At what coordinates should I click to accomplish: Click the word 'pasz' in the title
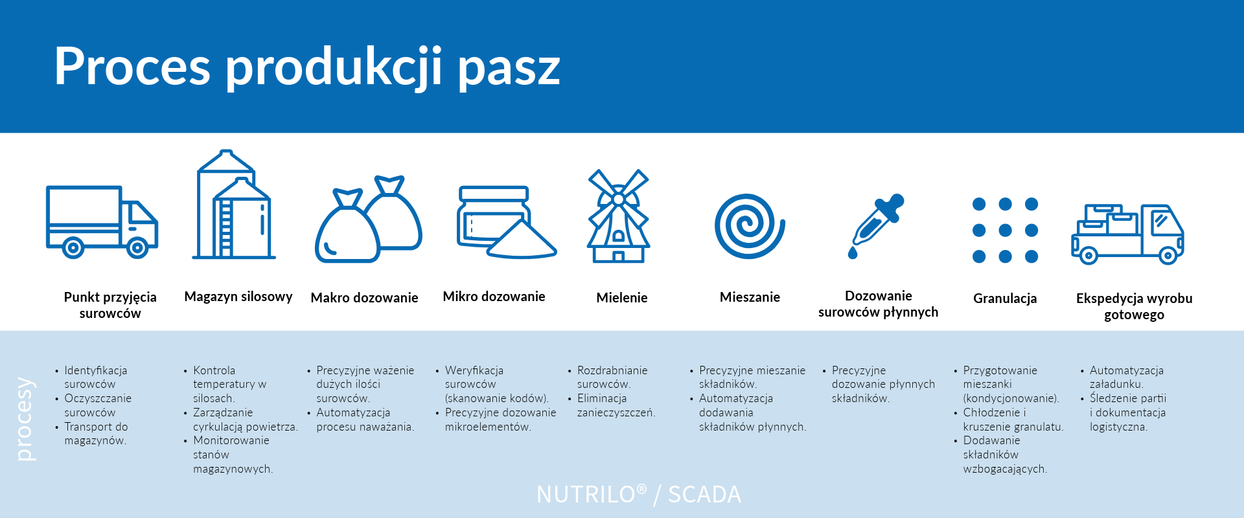point(509,67)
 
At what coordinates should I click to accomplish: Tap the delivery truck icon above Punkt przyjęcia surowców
point(102,221)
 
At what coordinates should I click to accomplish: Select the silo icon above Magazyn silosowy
point(234,205)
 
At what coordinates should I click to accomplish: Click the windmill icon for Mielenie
point(618,216)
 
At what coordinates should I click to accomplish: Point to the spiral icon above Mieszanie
point(750,226)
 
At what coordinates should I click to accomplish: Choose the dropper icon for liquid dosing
point(875,226)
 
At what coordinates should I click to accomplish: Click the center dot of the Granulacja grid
point(1005,230)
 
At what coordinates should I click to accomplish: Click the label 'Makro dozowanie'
point(364,298)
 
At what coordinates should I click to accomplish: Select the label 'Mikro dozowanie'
point(494,297)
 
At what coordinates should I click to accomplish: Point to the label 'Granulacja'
point(1005,298)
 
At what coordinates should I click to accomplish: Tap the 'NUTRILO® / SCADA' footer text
point(639,495)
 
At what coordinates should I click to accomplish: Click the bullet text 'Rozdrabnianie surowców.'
point(612,377)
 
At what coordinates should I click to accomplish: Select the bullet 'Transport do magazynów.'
point(96,434)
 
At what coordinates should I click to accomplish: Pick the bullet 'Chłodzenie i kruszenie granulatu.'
point(1013,420)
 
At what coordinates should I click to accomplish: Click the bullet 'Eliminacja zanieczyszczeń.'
point(616,406)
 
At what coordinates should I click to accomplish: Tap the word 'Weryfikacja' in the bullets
point(474,370)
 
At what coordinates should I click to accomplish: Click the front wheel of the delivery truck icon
point(137,247)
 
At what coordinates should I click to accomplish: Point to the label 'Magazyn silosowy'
point(238,297)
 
